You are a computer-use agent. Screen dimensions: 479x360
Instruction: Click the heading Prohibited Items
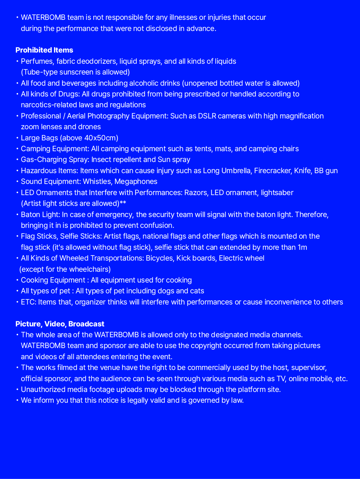tap(44, 50)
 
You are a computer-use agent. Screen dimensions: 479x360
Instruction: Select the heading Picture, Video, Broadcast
tap(60, 324)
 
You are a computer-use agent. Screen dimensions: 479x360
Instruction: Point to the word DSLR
tap(207, 116)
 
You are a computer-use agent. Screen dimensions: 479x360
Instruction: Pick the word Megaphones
tap(136, 181)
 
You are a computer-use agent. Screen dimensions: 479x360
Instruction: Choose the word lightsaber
tap(277, 193)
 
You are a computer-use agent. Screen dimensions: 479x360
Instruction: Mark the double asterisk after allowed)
tap(123, 203)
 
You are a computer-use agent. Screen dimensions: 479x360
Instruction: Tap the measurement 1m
tap(302, 247)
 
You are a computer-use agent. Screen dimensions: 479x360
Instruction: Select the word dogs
tap(166, 291)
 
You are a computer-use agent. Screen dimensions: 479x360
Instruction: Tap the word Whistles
tap(97, 181)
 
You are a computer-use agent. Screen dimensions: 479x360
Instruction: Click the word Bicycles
tap(159, 258)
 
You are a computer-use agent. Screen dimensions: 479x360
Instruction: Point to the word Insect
tap(102, 159)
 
